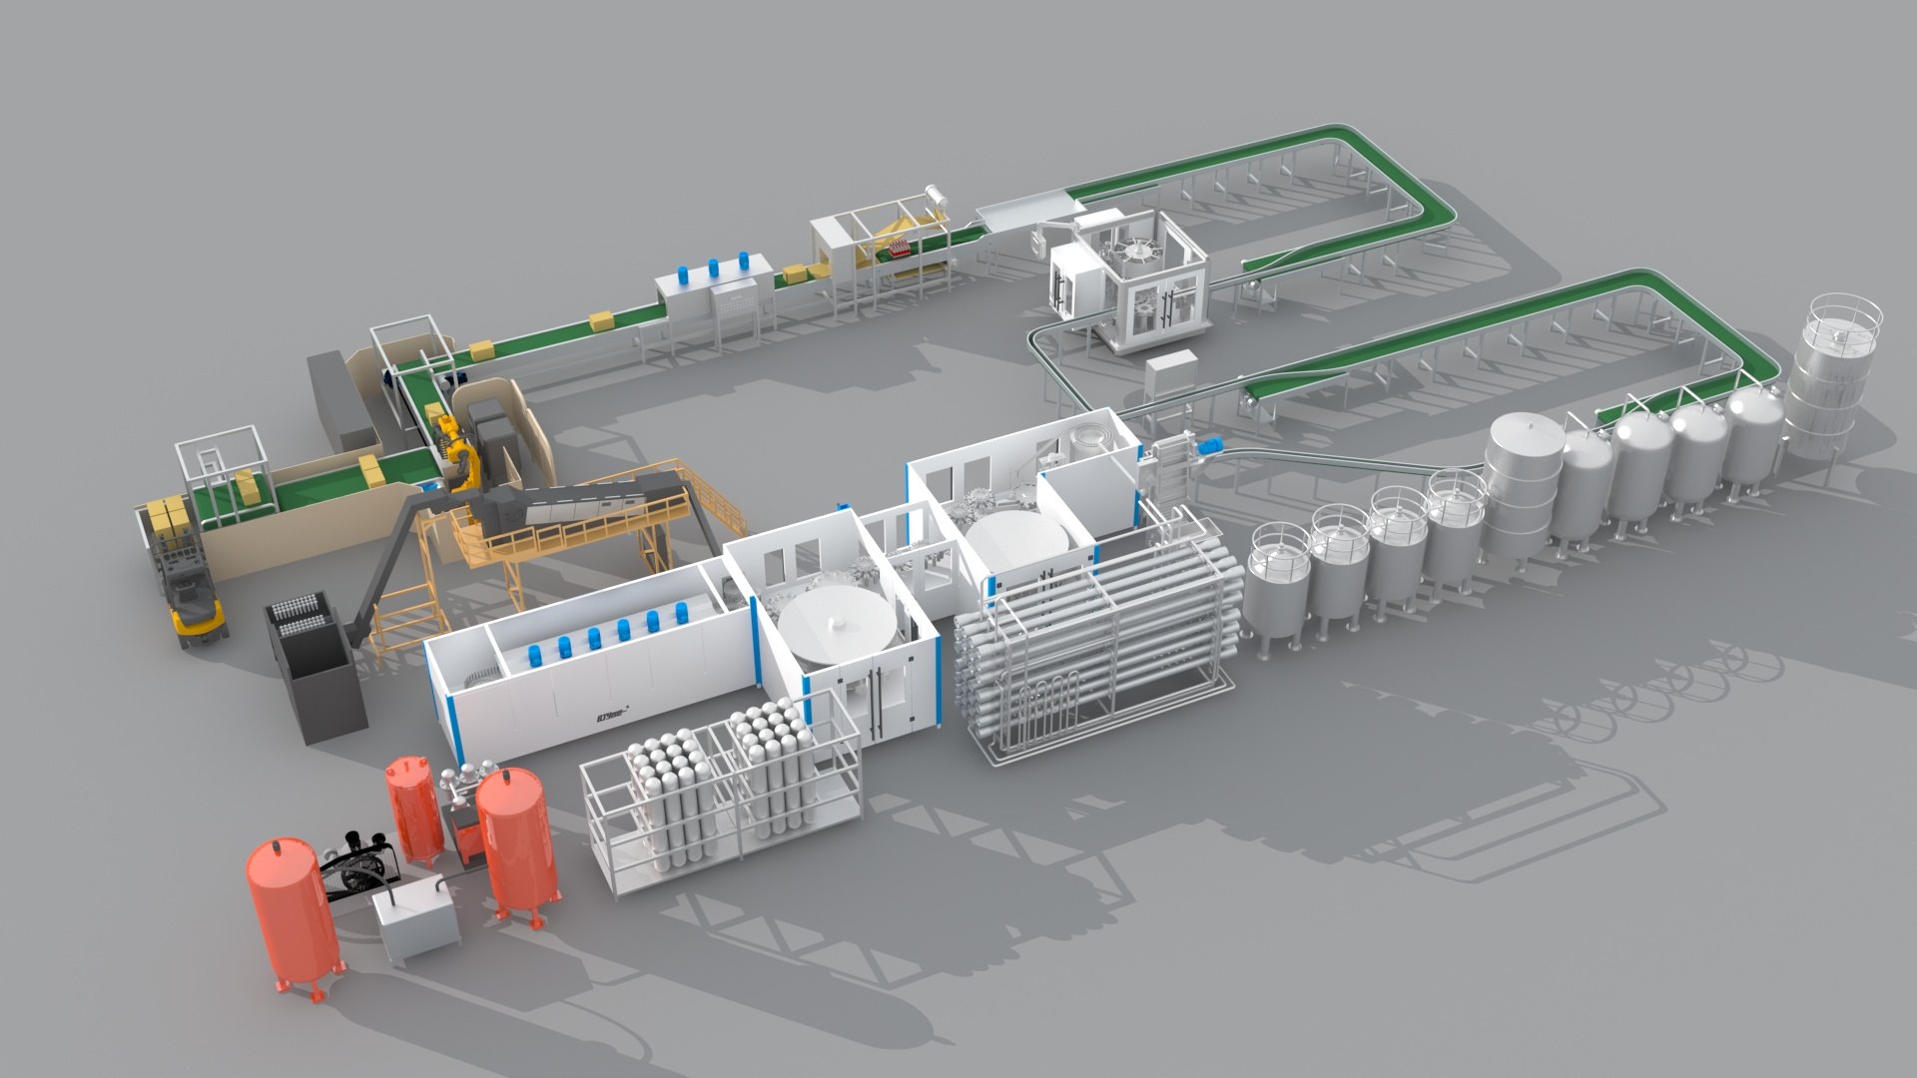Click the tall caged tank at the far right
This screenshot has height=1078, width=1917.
pyautogui.click(x=1835, y=379)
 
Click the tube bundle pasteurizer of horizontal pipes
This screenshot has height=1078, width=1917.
pyautogui.click(x=1098, y=629)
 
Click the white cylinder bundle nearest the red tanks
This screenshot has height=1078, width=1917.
pyautogui.click(x=659, y=789)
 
